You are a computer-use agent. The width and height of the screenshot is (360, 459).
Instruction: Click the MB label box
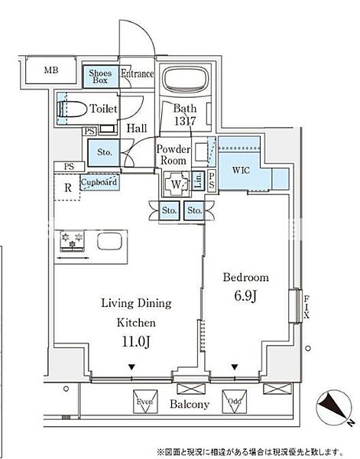(x=50, y=71)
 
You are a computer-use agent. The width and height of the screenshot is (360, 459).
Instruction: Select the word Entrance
(x=138, y=74)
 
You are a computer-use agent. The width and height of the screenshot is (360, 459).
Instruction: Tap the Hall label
(x=138, y=130)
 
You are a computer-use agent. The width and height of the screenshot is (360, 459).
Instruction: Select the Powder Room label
(x=173, y=155)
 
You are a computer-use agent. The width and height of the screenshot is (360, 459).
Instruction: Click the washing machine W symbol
(x=177, y=184)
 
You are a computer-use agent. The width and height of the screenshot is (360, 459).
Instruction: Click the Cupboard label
(x=99, y=183)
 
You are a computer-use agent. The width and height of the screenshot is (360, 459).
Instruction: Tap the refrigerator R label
(x=68, y=186)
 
